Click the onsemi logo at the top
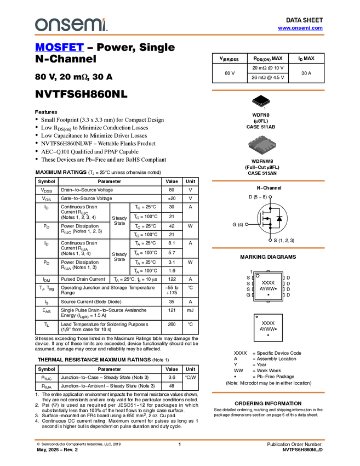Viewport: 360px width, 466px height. coord(71,25)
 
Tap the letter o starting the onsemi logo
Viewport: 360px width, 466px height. coord(40,25)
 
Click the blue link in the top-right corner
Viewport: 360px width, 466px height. coord(300,28)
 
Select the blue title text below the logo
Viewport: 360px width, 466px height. coord(59,48)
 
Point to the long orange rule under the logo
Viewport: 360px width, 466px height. coord(179,35)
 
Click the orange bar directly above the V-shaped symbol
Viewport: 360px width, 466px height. coord(268,90)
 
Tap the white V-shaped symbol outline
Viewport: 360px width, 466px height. coord(261,103)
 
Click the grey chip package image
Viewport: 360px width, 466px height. coord(262,145)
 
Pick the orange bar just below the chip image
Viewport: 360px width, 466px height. coord(268,181)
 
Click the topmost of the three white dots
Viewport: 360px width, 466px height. coord(270,196)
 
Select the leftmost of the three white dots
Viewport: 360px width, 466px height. coord(247,224)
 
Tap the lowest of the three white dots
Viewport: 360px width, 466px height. coord(270,240)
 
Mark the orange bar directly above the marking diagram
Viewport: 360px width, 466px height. coord(268,248)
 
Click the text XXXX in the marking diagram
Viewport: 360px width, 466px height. coord(268,282)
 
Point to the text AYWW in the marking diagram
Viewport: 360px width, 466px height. coord(267,288)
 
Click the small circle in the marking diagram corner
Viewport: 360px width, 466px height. coord(258,276)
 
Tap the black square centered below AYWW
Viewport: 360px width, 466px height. coord(268,295)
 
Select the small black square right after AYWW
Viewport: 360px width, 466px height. coord(276,288)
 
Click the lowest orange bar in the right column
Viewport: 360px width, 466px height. coord(268,393)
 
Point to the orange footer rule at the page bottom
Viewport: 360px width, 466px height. coord(179,440)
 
